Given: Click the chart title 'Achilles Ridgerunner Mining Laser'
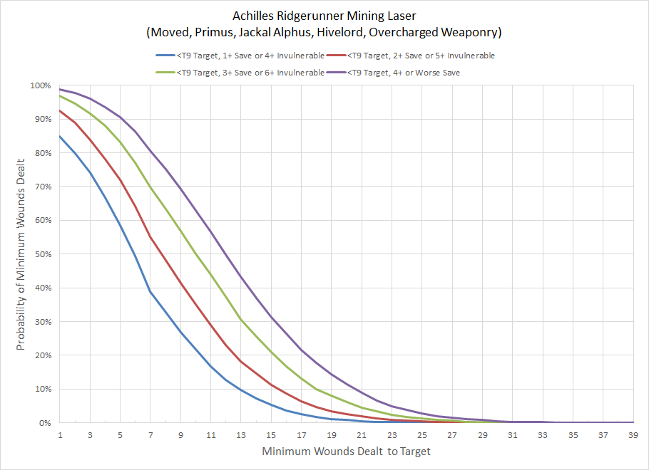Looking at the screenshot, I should [324, 16].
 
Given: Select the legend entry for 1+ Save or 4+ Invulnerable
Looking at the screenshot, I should [240, 55].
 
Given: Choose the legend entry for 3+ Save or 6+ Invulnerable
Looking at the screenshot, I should [240, 72].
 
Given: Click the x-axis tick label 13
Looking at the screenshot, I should [241, 434].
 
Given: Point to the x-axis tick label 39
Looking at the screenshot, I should [633, 434].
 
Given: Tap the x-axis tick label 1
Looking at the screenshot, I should [60, 434].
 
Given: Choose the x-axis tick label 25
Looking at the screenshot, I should [421, 434].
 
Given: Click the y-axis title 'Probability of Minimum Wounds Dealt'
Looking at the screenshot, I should [21, 254].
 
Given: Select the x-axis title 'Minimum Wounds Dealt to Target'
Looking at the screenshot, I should [346, 451].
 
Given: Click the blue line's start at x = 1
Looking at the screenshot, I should [60, 136].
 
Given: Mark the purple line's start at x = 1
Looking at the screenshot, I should [60, 89].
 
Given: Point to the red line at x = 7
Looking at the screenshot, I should [150, 237].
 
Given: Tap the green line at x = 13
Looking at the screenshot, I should [241, 318].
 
